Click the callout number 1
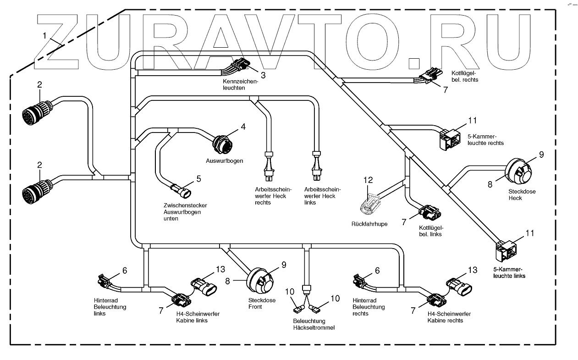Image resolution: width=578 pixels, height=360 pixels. click(x=44, y=36)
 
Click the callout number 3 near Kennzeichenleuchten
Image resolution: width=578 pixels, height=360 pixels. click(x=263, y=75)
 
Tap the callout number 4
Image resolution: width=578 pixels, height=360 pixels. click(x=243, y=127)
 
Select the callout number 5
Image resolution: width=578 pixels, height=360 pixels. click(x=198, y=179)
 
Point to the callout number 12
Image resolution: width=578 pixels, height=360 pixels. click(x=368, y=180)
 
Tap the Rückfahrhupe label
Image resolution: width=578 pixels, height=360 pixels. click(x=369, y=224)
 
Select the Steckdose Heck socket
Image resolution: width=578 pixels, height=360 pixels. click(x=518, y=172)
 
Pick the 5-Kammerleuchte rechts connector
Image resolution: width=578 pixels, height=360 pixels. click(x=450, y=139)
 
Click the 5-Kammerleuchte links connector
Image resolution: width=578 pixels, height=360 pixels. click(x=506, y=250)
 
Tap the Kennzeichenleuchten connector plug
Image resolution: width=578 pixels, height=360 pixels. click(x=241, y=64)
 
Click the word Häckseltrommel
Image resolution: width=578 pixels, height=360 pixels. click(x=314, y=328)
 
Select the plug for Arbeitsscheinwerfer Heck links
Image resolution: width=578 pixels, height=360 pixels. click(x=317, y=166)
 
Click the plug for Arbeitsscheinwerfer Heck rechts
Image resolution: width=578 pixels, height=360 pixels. click(x=269, y=166)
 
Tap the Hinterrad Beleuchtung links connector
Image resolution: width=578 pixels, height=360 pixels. click(x=104, y=281)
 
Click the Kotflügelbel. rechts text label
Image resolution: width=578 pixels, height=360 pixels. click(x=465, y=77)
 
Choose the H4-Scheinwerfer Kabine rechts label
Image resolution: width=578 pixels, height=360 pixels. click(x=449, y=317)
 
